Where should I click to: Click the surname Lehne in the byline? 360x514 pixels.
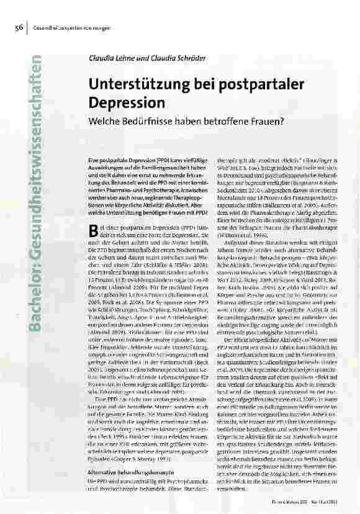coord(124,58)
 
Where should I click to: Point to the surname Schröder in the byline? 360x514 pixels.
coord(194,58)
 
